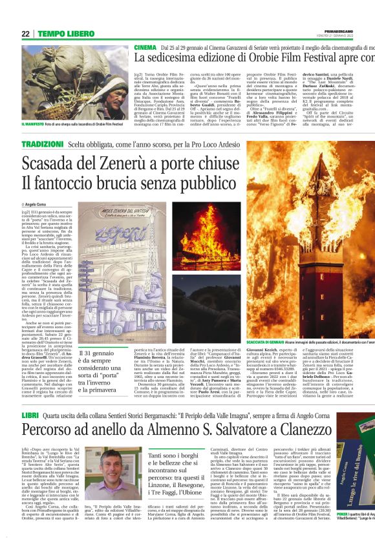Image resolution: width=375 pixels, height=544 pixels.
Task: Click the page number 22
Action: [x=25, y=34]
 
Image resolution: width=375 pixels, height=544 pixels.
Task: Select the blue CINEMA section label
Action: [x=145, y=48]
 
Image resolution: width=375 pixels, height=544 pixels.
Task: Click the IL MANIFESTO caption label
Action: [x=36, y=124]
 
